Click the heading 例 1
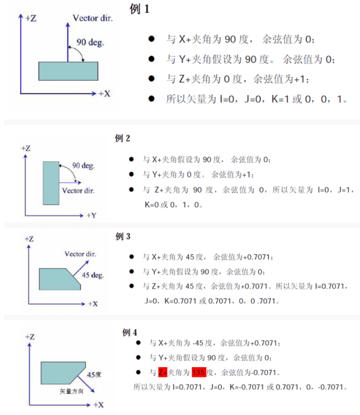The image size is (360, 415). [x=139, y=9]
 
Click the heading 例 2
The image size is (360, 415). [x=122, y=138]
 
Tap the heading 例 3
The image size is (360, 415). [x=123, y=236]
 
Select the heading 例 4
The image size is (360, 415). [x=129, y=332]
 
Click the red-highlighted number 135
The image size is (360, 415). [x=199, y=373]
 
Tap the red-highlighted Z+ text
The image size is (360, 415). [x=163, y=373]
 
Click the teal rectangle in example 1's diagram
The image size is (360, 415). [x=68, y=71]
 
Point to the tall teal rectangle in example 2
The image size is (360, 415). [x=51, y=183]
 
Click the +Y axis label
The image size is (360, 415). [x=92, y=216]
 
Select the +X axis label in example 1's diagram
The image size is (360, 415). [x=104, y=94]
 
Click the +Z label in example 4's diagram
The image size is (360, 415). [x=30, y=337]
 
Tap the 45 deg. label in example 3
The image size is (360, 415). [x=93, y=275]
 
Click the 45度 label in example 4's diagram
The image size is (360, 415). [x=94, y=375]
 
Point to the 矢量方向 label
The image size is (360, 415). [x=71, y=391]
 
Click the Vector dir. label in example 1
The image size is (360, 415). [x=93, y=18]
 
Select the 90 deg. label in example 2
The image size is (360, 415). [x=84, y=166]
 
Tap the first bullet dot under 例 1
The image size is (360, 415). [x=151, y=39]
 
